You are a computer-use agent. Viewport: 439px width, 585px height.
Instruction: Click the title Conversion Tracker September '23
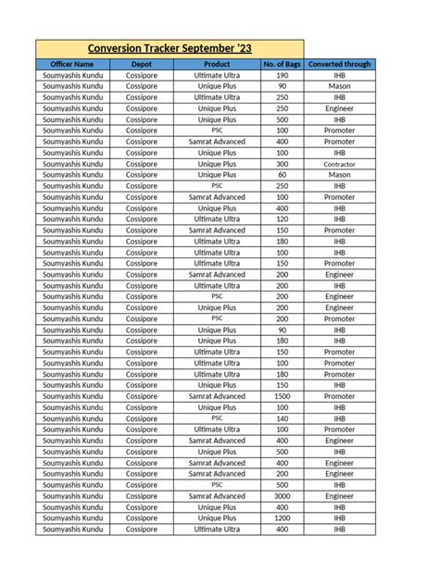coord(169,48)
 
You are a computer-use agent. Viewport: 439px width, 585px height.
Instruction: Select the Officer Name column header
coord(72,64)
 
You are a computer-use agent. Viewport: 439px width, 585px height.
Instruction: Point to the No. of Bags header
coord(282,64)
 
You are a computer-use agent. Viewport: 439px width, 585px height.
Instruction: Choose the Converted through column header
coord(339,64)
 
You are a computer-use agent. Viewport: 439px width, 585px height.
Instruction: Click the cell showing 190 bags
coord(282,75)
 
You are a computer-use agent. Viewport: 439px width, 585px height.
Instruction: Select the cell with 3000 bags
coord(282,496)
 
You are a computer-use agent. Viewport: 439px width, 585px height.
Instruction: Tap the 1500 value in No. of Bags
coord(282,396)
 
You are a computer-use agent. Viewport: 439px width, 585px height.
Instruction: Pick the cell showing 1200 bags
coord(282,518)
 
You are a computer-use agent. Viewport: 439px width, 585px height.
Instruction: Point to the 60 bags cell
coord(282,175)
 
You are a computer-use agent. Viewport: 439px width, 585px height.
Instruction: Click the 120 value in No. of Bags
coord(282,219)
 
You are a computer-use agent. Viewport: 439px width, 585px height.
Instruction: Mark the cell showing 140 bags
coord(282,418)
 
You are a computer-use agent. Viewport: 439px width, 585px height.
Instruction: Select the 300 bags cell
coord(282,164)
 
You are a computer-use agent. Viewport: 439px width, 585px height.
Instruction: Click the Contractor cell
coord(339,164)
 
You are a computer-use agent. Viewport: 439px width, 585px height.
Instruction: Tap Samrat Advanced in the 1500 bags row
coord(216,396)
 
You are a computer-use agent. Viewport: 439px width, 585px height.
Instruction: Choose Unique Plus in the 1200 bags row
coord(216,518)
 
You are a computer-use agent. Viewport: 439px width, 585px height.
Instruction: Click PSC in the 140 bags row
coord(216,418)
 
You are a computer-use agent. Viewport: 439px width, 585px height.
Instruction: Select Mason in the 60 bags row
coord(339,175)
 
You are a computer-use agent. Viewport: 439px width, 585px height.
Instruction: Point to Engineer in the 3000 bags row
coord(339,496)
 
